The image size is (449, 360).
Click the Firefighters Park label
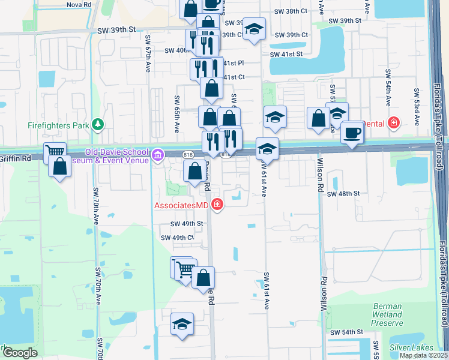(58, 125)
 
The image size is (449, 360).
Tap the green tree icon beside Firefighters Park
(97, 125)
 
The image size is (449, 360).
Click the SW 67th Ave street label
(148, 52)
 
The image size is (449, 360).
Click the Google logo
(20, 353)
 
